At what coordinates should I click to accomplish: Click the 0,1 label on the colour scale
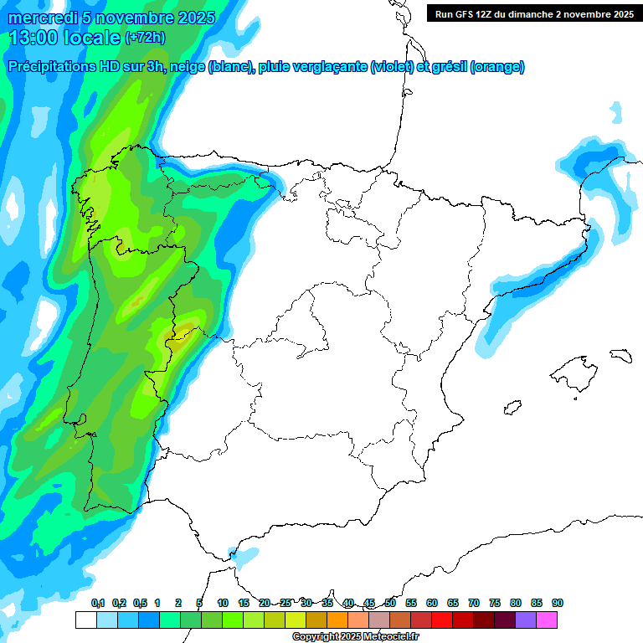(98, 603)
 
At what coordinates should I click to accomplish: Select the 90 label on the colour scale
(558, 603)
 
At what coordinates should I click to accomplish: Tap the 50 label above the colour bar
(390, 603)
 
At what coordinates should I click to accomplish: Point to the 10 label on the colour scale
(223, 603)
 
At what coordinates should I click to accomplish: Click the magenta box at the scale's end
(547, 620)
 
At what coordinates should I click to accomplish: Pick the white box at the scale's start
(85, 620)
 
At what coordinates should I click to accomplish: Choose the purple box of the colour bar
(526, 620)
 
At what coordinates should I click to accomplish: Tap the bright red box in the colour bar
(442, 620)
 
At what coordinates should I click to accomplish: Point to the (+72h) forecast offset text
(146, 37)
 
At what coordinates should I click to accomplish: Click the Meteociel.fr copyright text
(356, 637)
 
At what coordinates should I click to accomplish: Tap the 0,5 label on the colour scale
(140, 603)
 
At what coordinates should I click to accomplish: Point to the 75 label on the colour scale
(495, 603)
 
